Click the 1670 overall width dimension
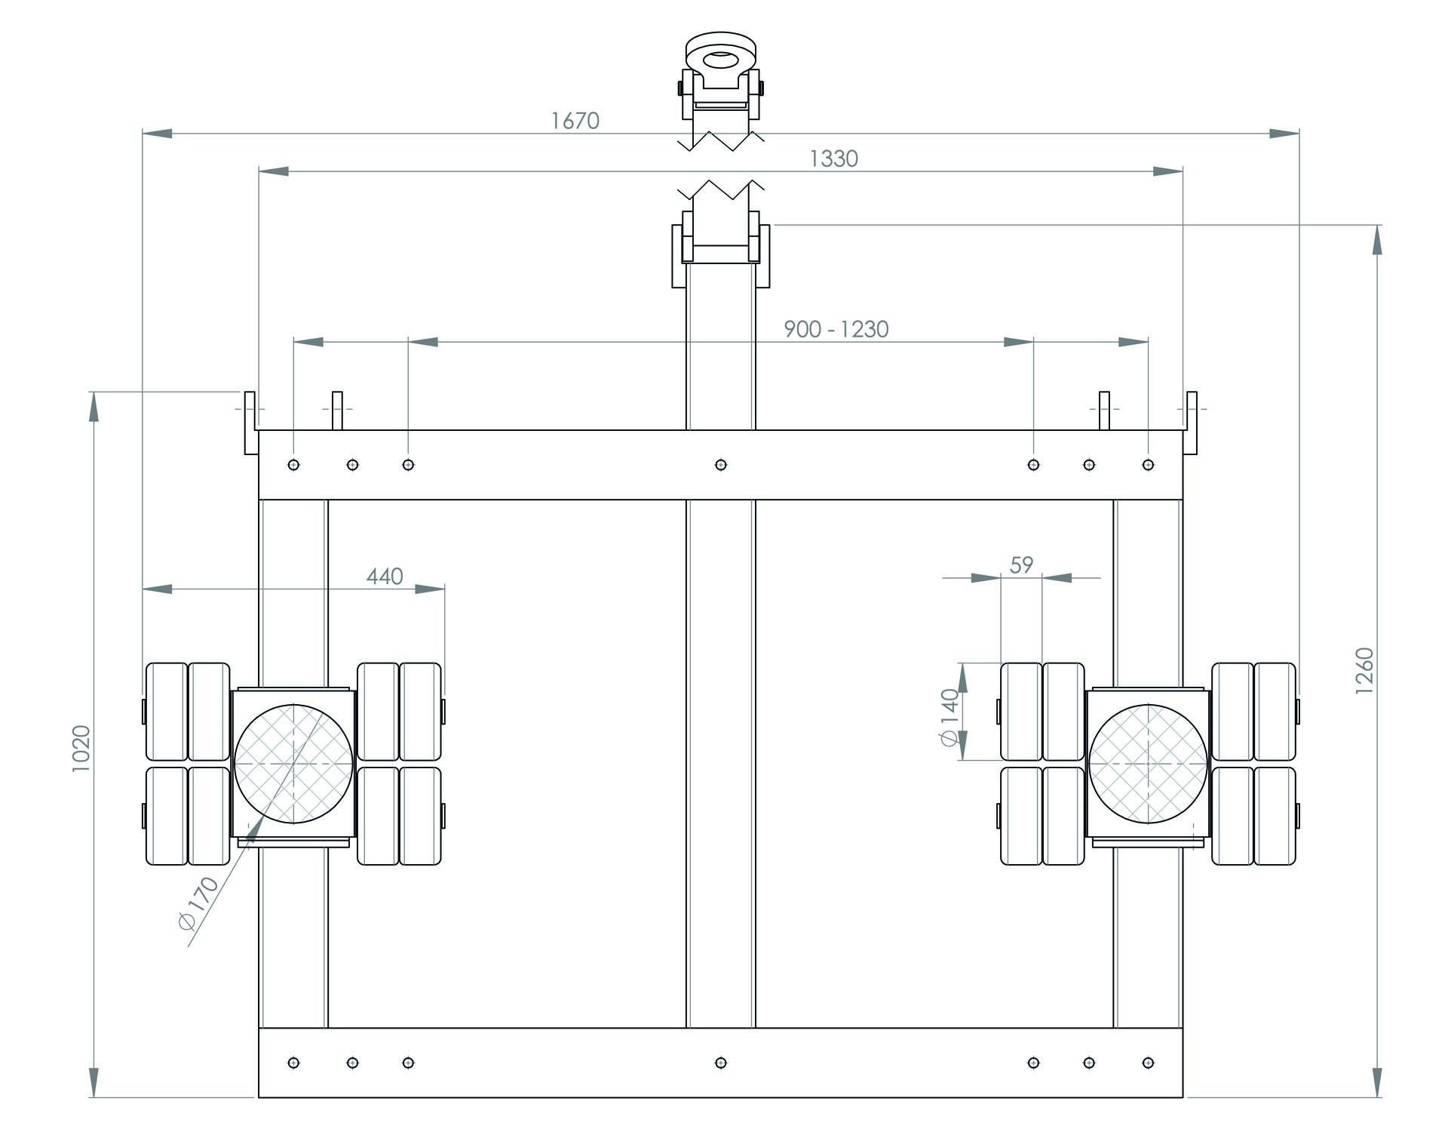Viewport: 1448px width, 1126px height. tap(575, 121)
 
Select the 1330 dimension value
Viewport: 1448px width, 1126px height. tap(833, 158)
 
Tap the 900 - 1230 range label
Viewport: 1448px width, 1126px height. tap(836, 329)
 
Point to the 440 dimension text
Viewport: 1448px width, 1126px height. tap(385, 577)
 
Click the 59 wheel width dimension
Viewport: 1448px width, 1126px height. tap(1020, 565)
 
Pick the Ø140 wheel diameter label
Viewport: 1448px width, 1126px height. tap(950, 717)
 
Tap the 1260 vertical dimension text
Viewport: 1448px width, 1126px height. tap(1364, 672)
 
